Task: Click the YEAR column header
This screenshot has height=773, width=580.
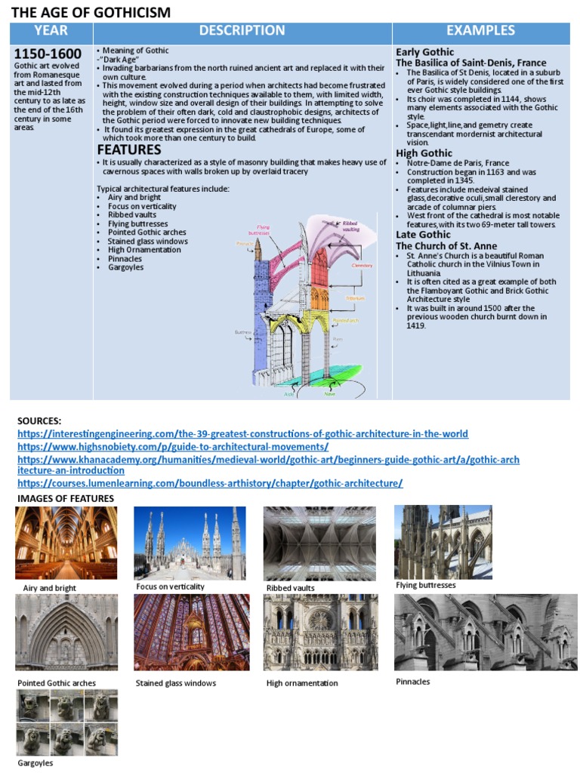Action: pos(51,31)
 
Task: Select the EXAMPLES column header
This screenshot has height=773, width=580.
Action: pos(480,31)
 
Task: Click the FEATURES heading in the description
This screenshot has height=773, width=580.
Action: pos(129,149)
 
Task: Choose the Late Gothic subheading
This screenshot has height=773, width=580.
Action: pos(422,235)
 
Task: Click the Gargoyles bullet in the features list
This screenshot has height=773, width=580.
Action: pos(125,267)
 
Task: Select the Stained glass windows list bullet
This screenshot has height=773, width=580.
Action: pos(148,242)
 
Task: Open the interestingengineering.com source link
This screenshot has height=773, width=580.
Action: pos(242,434)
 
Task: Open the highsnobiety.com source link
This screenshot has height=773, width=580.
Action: pos(173,447)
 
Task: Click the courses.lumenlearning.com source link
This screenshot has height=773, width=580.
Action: pos(210,483)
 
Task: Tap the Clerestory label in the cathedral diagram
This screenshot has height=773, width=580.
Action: pos(362,266)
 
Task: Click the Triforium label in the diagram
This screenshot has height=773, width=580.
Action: pos(355,298)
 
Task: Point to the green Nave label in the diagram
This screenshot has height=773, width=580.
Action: pos(330,393)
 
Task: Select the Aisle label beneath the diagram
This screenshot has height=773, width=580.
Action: pos(288,393)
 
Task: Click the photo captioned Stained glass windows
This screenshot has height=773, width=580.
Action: pos(191,633)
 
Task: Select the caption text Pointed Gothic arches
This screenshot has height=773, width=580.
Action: pos(57,683)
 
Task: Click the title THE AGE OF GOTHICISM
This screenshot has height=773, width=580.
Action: pos(90,12)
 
